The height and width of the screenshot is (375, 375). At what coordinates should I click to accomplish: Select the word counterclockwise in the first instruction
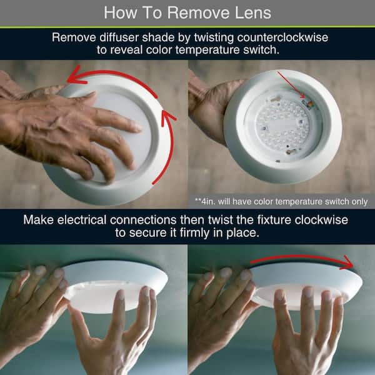click(x=282, y=37)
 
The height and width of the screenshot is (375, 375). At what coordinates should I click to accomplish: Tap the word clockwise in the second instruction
click(x=321, y=220)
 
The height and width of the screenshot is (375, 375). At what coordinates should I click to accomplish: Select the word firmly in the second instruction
click(x=194, y=232)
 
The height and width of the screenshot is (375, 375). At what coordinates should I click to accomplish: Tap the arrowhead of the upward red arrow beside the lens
click(x=167, y=117)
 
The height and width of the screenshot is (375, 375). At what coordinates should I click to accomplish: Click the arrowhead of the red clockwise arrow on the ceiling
click(x=347, y=263)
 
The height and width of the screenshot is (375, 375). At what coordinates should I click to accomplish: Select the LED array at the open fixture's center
click(x=282, y=125)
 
